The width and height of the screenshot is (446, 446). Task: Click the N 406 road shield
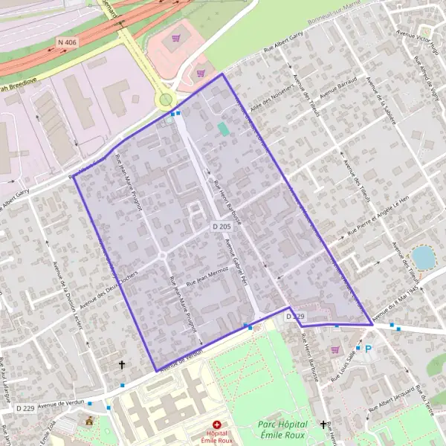click(x=66, y=43)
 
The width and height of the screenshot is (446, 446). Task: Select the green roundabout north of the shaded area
click(x=165, y=100)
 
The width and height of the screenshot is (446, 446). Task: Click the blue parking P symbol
click(x=367, y=348)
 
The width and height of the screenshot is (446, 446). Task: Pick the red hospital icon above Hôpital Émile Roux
click(x=216, y=424)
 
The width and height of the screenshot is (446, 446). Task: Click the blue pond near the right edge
click(x=423, y=257)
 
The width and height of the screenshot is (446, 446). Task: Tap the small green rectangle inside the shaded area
click(x=223, y=129)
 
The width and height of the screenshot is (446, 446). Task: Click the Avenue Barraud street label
click(x=339, y=88)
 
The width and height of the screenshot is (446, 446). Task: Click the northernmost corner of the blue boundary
click(x=222, y=74)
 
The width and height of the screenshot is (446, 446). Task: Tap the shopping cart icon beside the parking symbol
click(x=335, y=349)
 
